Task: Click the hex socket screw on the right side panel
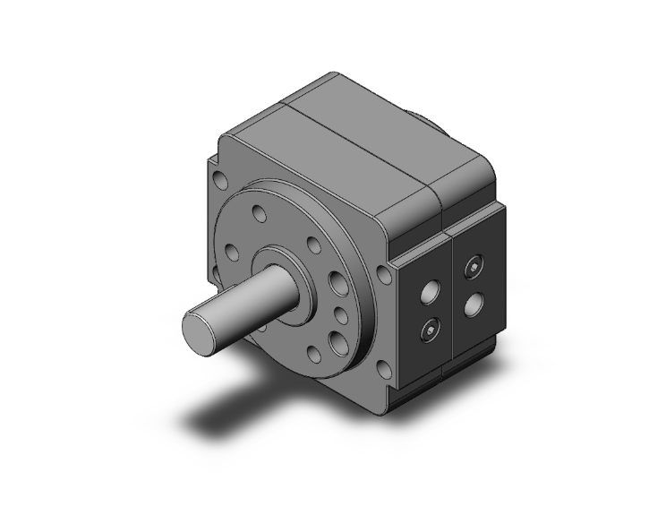coord(472,266)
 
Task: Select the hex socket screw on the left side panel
coord(429,330)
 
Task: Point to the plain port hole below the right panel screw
coord(472,305)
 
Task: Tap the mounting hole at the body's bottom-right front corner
coord(382,367)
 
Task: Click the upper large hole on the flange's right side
coord(337,285)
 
